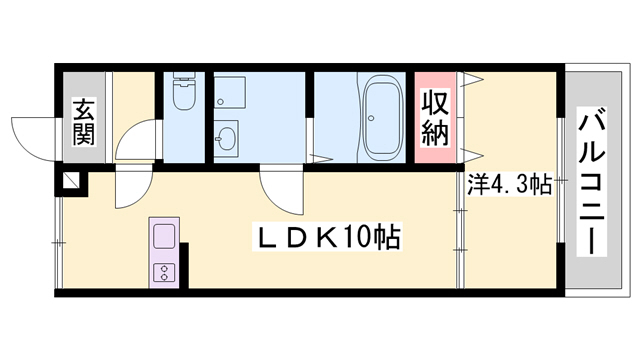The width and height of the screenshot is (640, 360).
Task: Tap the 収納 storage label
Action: [x=435, y=115]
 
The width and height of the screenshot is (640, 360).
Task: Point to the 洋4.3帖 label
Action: [x=509, y=185]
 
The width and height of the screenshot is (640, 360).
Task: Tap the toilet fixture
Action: [x=184, y=95]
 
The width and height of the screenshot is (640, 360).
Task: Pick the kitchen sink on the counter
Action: [x=163, y=238]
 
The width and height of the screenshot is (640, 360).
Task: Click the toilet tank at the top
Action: [x=184, y=78]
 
